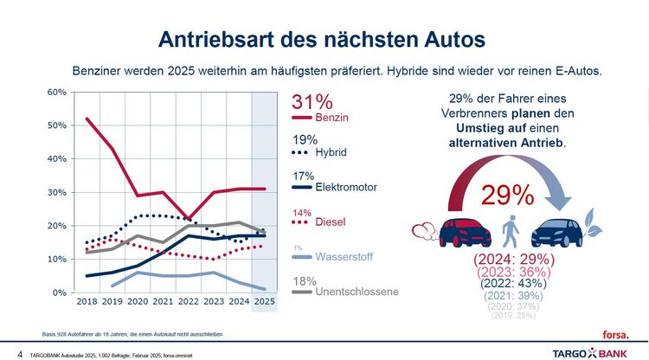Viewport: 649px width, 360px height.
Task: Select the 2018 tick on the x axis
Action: [x=87, y=302]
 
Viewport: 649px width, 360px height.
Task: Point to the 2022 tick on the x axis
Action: [x=188, y=302]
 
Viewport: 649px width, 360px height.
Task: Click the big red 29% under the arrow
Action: [x=508, y=196]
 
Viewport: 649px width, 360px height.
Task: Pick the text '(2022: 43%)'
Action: [x=508, y=281]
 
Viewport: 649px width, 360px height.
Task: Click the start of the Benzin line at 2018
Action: [x=87, y=119]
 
